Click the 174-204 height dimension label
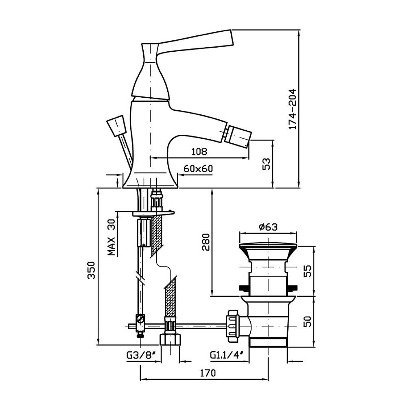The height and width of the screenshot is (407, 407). click(x=293, y=109)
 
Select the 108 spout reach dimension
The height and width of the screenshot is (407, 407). click(x=199, y=151)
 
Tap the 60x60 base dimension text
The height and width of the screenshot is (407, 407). click(x=198, y=169)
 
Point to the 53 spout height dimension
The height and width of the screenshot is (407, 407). click(x=267, y=164)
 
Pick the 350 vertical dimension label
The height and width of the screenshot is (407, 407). click(x=91, y=270)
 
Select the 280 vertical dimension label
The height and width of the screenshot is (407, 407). click(x=206, y=242)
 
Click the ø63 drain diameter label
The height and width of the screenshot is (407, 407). click(x=268, y=227)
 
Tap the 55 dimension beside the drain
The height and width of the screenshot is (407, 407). click(x=308, y=271)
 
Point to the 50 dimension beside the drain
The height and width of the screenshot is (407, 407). click(x=308, y=321)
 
